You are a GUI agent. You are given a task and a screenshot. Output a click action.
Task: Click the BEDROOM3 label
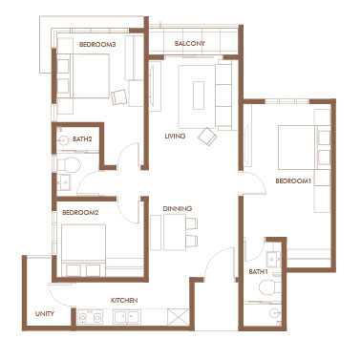tap(97, 45)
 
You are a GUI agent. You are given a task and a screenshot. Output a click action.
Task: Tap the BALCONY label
tap(190, 43)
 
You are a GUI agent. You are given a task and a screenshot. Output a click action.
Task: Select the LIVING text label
tap(175, 136)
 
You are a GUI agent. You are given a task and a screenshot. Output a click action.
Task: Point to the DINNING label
tap(178, 208)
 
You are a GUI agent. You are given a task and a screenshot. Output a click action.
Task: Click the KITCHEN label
tap(124, 300)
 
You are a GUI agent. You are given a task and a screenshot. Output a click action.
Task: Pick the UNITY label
tap(45, 313)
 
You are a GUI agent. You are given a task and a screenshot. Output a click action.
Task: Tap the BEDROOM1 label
tap(293, 180)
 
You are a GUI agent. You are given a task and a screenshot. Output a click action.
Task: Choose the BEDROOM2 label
tap(80, 212)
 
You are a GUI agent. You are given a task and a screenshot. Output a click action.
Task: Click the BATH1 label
tap(258, 271)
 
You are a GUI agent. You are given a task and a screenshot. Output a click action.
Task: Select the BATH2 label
tap(82, 138)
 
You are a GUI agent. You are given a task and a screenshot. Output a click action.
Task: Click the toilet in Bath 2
tap(69, 164)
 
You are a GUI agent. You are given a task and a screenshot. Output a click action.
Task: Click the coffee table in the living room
tap(199, 95)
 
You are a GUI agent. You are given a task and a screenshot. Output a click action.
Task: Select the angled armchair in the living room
tap(207, 137)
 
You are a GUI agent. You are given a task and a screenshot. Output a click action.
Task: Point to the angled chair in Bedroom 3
tap(118, 96)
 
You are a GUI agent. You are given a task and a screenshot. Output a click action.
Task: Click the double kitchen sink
tap(126, 317)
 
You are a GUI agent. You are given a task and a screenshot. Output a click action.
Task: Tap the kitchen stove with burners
tap(90, 317)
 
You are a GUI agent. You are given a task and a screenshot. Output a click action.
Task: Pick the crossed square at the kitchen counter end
tap(178, 317)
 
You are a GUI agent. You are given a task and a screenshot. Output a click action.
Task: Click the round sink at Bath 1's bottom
tap(274, 314)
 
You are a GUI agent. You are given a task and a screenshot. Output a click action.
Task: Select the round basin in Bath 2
tap(64, 140)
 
